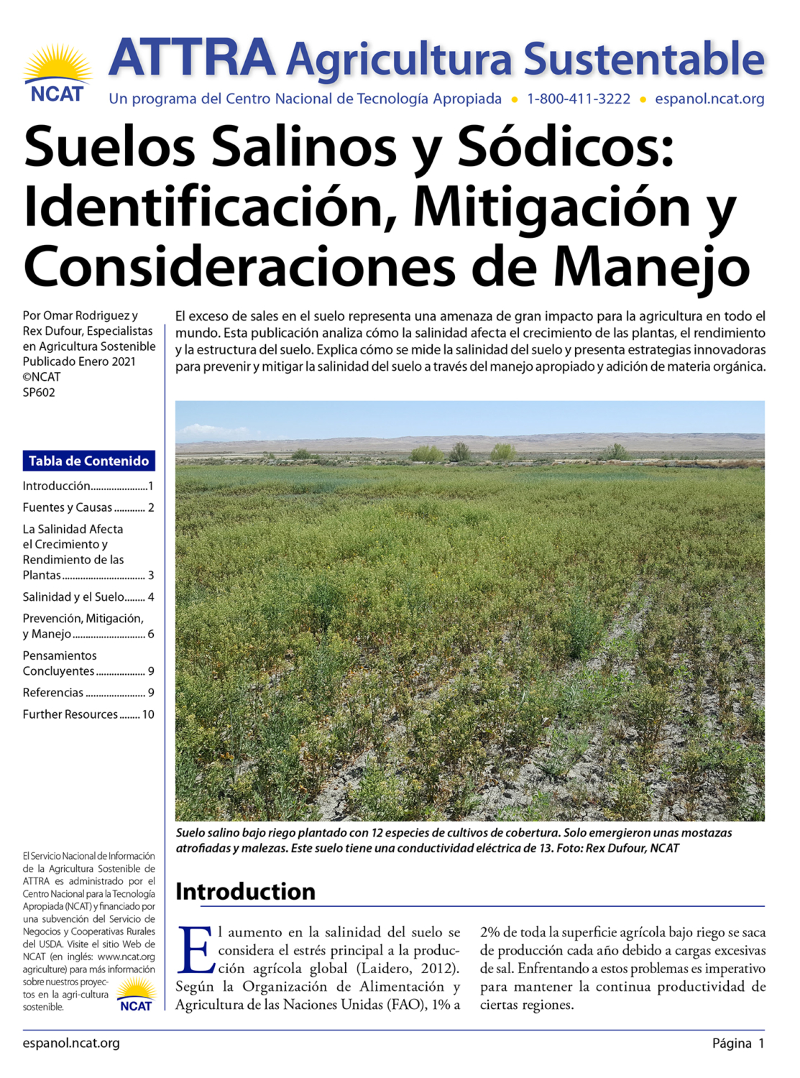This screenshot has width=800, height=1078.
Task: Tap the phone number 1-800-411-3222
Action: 579,99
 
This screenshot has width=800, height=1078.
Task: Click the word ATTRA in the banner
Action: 192,57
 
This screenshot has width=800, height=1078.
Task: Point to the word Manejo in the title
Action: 651,267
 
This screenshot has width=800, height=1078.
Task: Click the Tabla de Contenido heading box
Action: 88,461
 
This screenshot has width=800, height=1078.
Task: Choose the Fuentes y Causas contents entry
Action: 88,507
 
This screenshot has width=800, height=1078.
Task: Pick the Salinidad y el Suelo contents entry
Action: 88,597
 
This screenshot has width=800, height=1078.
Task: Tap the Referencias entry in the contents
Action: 88,693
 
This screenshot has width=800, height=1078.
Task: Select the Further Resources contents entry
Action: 88,714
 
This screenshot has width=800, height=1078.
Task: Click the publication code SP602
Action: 39,392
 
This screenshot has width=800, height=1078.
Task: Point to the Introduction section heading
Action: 245,892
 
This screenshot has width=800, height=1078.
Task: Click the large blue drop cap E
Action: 194,950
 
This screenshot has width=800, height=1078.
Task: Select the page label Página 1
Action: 738,1044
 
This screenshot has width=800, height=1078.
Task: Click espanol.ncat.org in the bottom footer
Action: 71,1043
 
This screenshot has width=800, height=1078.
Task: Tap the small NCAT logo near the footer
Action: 136,996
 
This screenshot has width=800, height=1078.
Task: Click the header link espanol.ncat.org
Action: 709,99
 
